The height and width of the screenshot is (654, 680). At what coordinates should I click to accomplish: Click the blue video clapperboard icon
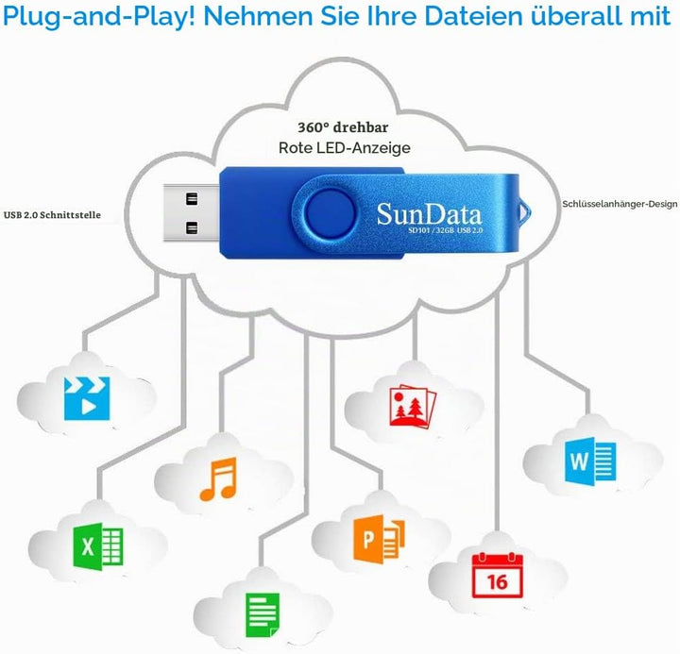click(x=87, y=398)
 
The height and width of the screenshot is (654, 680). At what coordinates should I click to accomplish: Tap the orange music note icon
click(x=218, y=478)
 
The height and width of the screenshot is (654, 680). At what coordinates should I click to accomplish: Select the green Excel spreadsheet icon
click(x=98, y=546)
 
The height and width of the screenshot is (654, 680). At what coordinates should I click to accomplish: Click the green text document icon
click(x=263, y=615)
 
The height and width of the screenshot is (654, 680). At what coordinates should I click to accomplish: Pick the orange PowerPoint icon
click(x=379, y=539)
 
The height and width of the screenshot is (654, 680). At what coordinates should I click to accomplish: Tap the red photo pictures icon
click(x=413, y=407)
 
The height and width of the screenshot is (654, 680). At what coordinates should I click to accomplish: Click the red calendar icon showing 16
click(x=498, y=575)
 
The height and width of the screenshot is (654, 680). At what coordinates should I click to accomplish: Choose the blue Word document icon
click(x=590, y=460)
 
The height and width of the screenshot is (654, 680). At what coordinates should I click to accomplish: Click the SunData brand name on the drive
click(x=429, y=214)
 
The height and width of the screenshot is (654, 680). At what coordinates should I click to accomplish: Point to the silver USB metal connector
click(x=191, y=212)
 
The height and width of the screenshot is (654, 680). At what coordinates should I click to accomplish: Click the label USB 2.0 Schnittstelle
click(x=52, y=215)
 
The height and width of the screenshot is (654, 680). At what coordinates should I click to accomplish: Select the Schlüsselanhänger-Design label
click(x=620, y=204)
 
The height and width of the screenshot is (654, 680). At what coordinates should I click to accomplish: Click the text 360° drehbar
click(x=343, y=127)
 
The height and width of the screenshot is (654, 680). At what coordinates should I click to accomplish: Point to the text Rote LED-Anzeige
click(x=345, y=148)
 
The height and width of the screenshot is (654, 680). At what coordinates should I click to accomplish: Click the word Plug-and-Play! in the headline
click(x=99, y=17)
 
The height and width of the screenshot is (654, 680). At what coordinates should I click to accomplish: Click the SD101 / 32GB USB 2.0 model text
click(x=446, y=230)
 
